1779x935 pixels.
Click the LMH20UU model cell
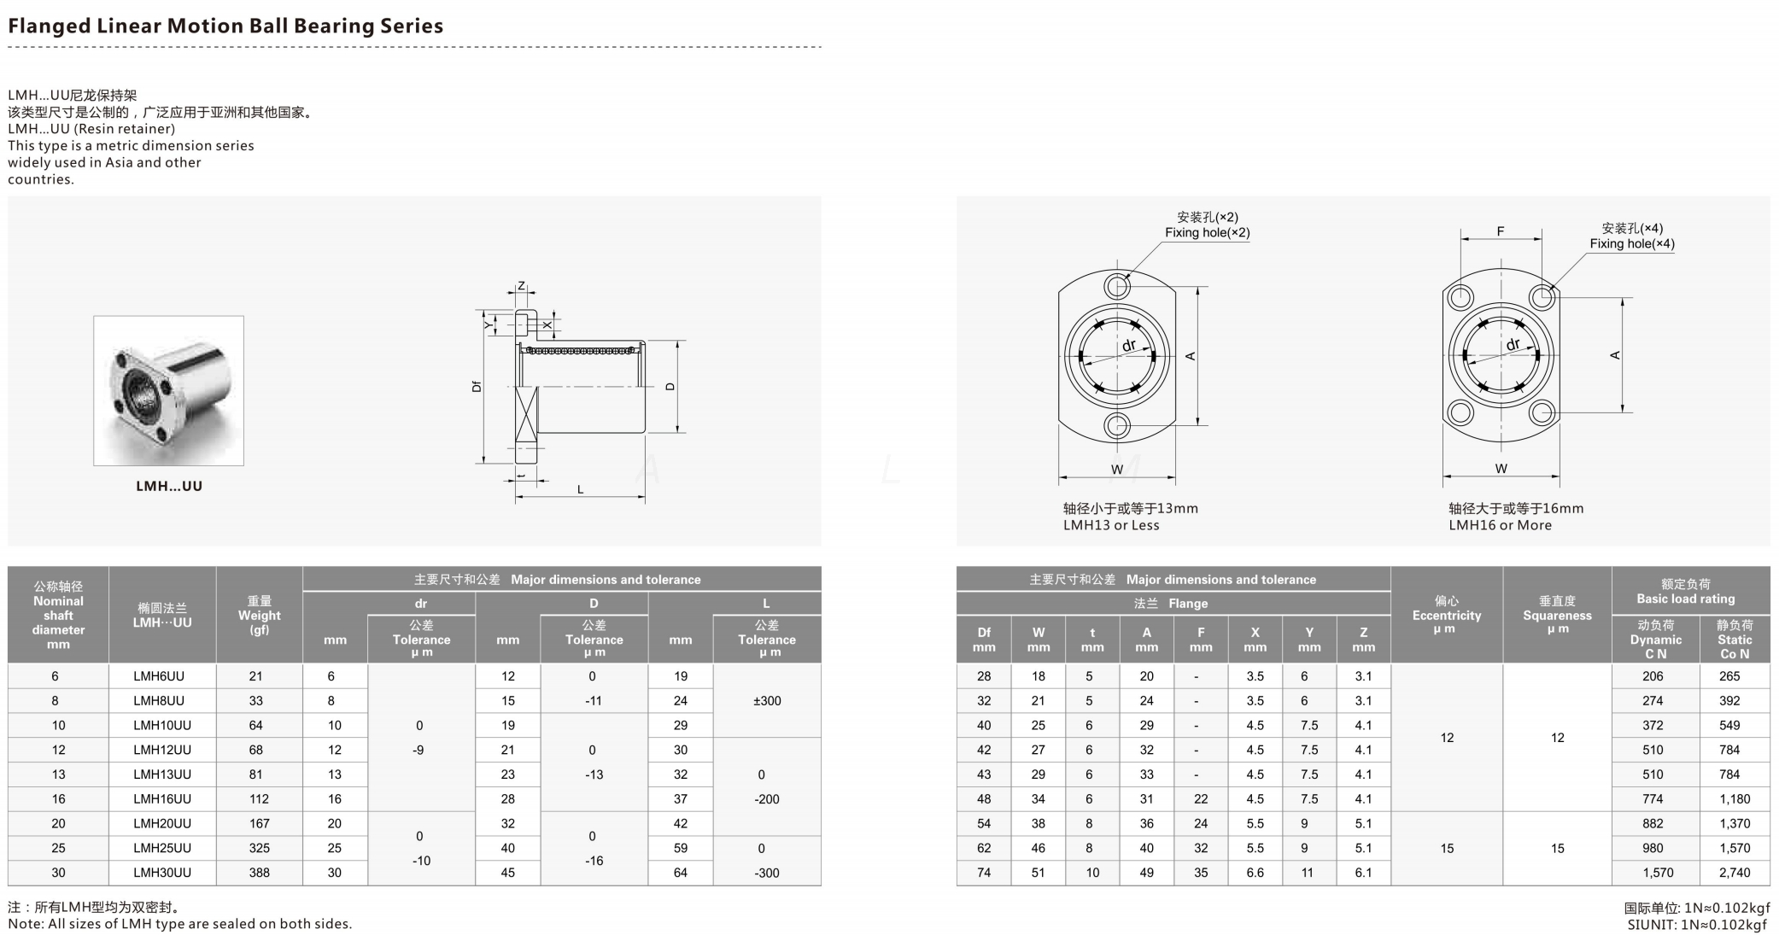click(162, 823)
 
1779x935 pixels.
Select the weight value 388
click(259, 873)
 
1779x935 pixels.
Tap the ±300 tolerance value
click(767, 700)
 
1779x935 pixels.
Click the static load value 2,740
click(1735, 873)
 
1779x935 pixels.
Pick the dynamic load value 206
click(1653, 676)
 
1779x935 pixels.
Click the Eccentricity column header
click(1446, 615)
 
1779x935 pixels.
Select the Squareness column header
click(1557, 615)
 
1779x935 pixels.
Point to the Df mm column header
click(984, 640)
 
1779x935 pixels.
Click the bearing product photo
click(168, 391)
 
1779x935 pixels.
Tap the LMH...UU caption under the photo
click(168, 486)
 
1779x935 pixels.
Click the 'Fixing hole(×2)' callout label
click(1207, 232)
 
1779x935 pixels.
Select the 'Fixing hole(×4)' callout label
click(1631, 243)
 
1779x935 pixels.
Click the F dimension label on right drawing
click(1501, 231)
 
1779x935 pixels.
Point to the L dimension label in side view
click(581, 489)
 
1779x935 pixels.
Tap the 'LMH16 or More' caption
click(1500, 525)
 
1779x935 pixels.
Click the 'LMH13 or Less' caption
click(1111, 525)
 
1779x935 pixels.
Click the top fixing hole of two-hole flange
click(1116, 286)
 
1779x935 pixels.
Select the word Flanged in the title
click(49, 26)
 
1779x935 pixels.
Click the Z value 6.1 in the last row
click(1363, 873)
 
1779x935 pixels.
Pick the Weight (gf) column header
click(259, 615)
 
